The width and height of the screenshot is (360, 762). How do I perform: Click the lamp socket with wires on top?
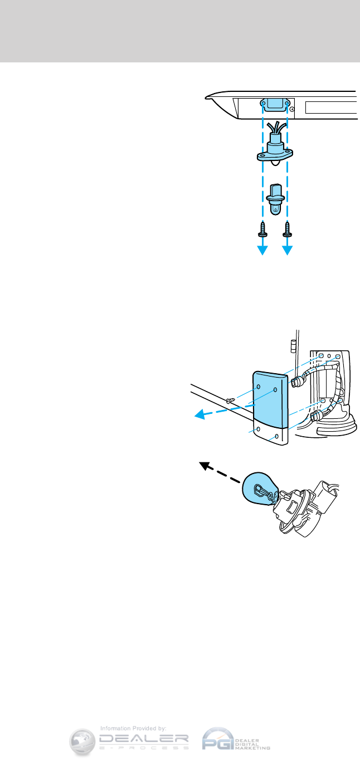click(274, 149)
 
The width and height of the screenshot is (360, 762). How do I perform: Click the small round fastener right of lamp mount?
click(293, 110)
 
